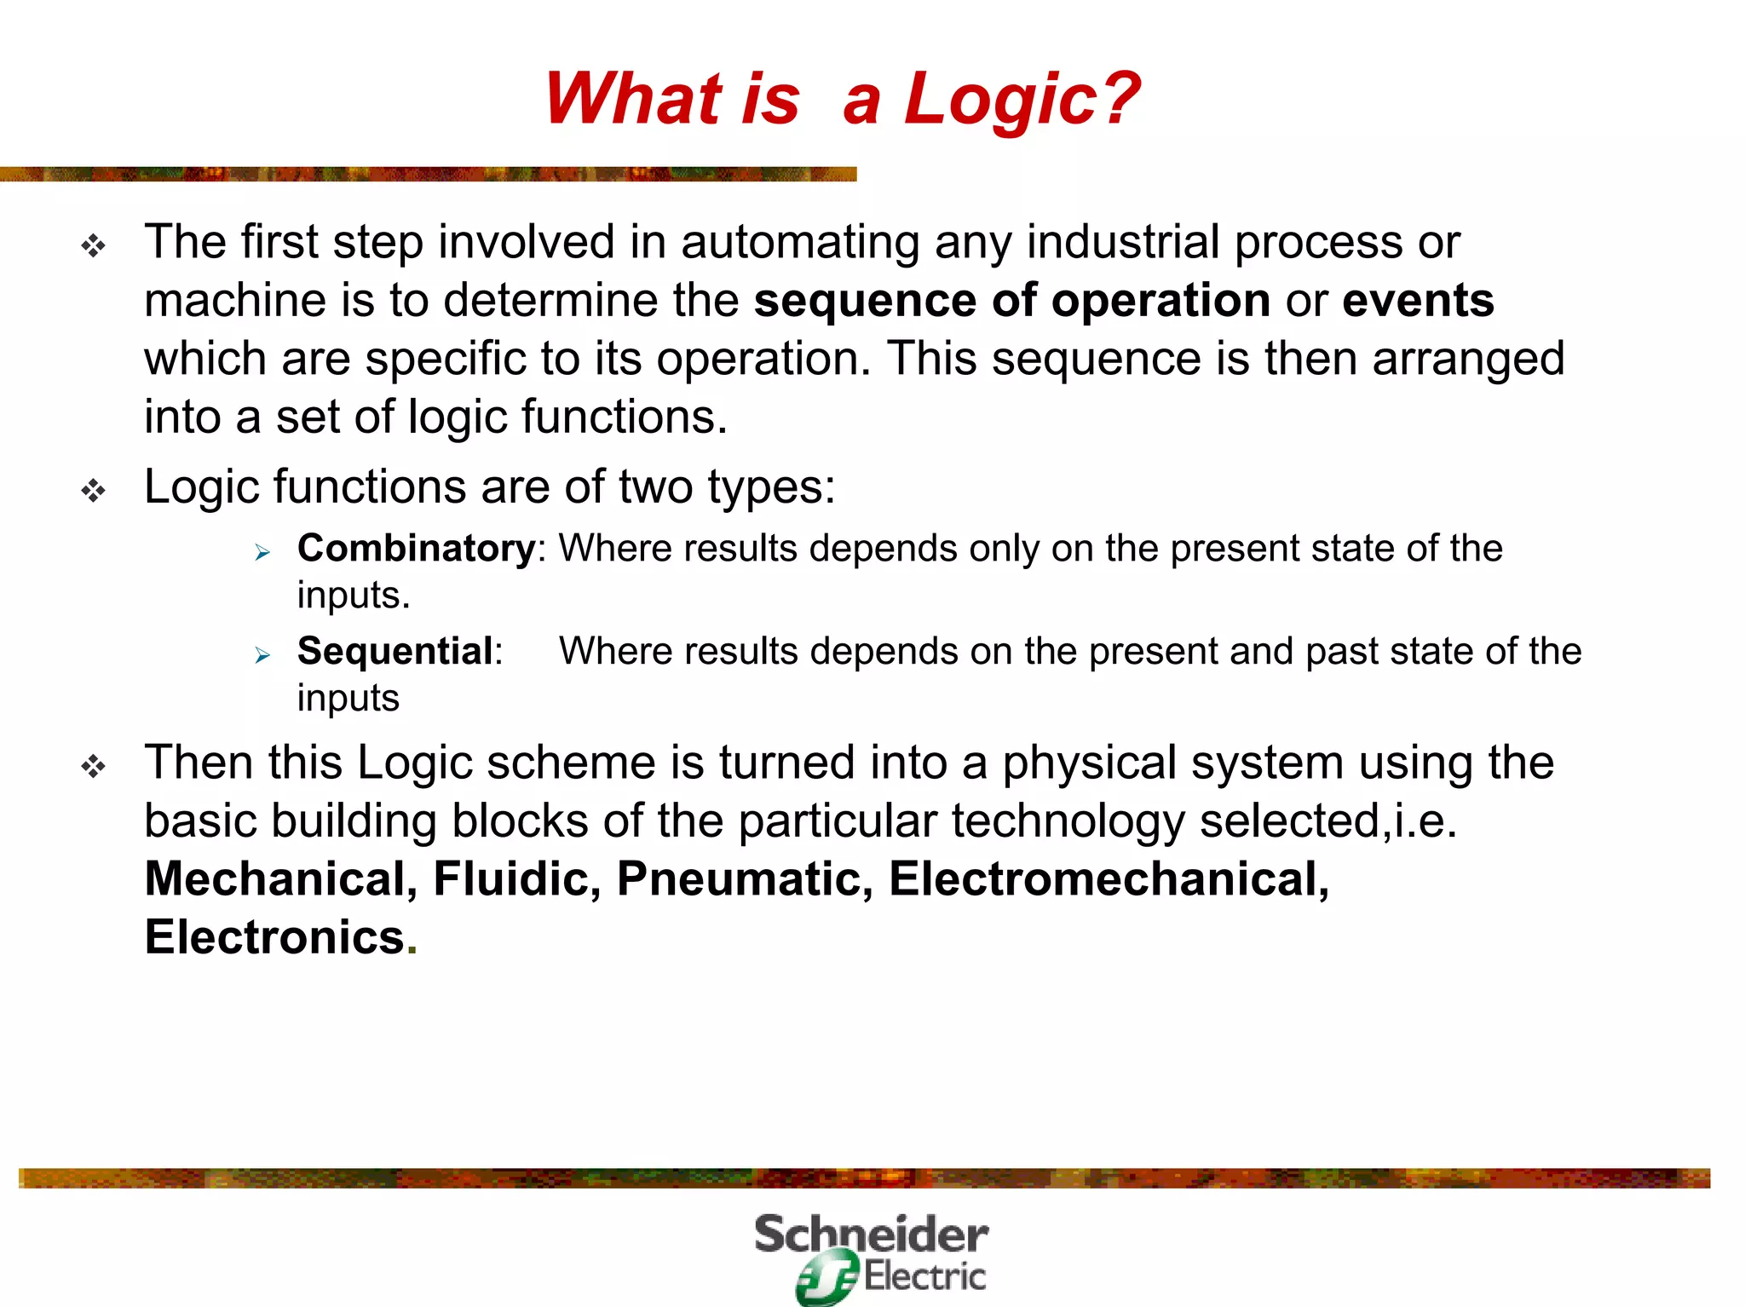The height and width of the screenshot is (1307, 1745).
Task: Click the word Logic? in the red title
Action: point(1021,100)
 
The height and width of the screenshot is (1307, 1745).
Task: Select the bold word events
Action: point(1418,301)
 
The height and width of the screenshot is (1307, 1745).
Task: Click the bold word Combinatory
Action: point(416,548)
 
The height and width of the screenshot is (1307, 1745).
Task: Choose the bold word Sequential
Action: point(395,651)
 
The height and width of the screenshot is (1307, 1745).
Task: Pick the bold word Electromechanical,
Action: point(1109,879)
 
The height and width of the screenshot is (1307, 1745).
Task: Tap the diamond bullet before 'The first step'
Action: point(94,247)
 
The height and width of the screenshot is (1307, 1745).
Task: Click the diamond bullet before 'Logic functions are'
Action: point(94,491)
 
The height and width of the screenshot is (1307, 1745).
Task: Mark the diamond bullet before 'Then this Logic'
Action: point(94,767)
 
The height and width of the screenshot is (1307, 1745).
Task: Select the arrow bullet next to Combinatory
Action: point(262,553)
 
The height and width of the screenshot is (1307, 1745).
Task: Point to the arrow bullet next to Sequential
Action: point(262,655)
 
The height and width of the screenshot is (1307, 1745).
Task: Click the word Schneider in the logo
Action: point(871,1235)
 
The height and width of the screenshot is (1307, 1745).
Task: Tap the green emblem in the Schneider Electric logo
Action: point(826,1276)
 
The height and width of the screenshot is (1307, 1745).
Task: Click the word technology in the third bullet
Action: point(1068,821)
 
